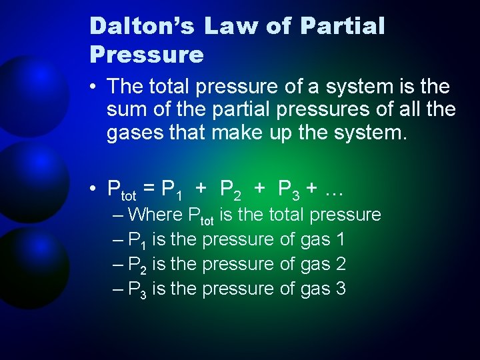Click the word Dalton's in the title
coord(142,27)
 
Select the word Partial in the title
coord(343,27)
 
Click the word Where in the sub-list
coord(155,215)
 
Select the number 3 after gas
coord(339,289)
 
